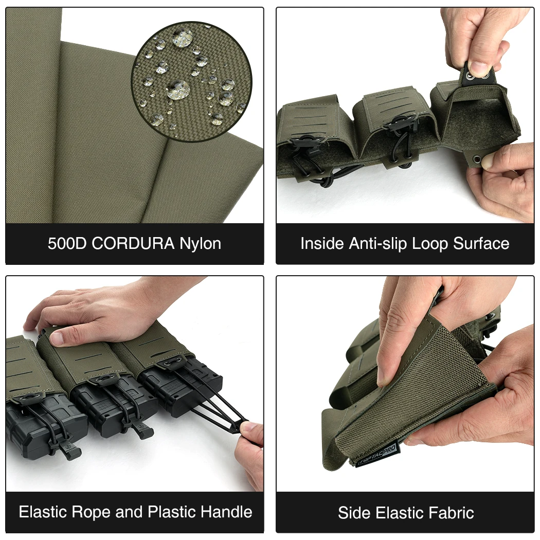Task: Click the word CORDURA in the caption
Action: (133, 243)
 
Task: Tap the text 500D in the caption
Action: (67, 243)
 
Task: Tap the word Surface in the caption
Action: (481, 243)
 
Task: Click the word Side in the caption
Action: (354, 513)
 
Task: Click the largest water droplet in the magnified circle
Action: (178, 89)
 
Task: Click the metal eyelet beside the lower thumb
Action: (477, 159)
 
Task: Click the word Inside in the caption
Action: (322, 243)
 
